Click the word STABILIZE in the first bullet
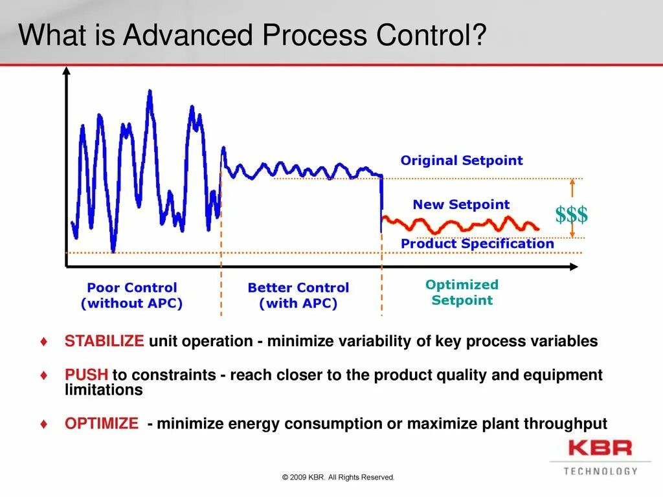pos(104,340)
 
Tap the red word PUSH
pos(86,375)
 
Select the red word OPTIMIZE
pos(102,423)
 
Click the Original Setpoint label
pos(462,160)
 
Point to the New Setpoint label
pos(461,204)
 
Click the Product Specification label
pos(477,243)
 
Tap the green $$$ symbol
pos(571,214)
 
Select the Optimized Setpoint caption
pos(462,292)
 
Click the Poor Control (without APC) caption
pos(132,295)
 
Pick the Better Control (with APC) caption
pos(298,295)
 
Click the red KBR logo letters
pos(600,448)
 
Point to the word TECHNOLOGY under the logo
pos(600,471)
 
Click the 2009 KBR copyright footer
pos(338,477)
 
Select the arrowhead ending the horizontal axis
pos(574,267)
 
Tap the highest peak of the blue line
pos(150,91)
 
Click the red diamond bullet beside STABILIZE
pos(44,341)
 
